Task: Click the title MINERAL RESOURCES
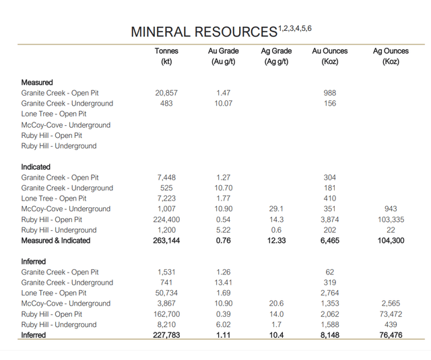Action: click(204, 32)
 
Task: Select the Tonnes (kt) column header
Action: click(166, 57)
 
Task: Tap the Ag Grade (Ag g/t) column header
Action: click(276, 57)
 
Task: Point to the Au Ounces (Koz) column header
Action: click(329, 57)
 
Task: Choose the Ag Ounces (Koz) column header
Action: click(391, 57)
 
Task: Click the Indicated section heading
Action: click(36, 167)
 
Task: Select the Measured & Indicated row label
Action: click(55, 240)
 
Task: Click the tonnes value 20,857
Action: click(166, 93)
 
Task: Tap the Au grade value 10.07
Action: click(224, 104)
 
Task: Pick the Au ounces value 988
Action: click(329, 93)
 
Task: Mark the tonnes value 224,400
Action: click(166, 219)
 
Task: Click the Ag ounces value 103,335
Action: click(391, 219)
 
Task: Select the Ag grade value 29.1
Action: click(276, 209)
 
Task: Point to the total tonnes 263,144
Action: click(166, 240)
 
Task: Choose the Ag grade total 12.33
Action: click(276, 240)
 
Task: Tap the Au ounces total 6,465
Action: click(329, 240)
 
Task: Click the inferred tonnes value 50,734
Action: click(166, 293)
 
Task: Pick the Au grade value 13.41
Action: click(224, 283)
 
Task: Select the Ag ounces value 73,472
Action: click(391, 314)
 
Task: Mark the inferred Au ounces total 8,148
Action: click(329, 335)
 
